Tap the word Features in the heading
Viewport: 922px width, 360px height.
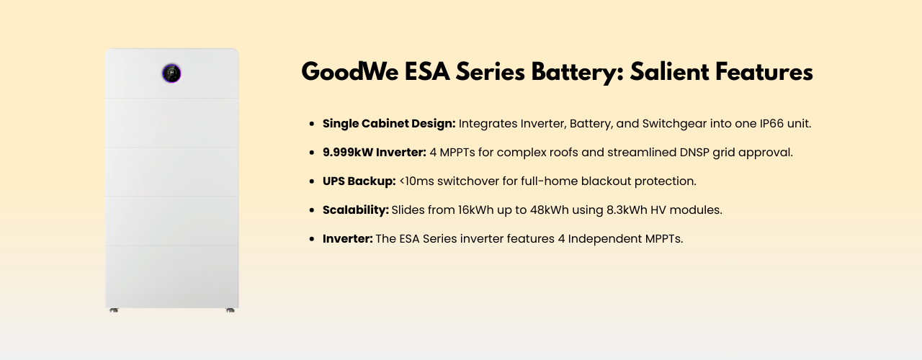click(771, 73)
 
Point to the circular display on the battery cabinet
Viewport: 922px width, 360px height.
click(171, 73)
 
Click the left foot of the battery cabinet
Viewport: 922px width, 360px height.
click(114, 310)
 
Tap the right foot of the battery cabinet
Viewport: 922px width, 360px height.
click(230, 310)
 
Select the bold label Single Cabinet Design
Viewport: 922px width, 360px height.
click(389, 124)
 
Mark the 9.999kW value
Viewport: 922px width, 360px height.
click(351, 153)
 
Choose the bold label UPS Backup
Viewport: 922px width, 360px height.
click(359, 181)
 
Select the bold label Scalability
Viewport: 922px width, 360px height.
click(356, 210)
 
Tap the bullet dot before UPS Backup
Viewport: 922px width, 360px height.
click(311, 182)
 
